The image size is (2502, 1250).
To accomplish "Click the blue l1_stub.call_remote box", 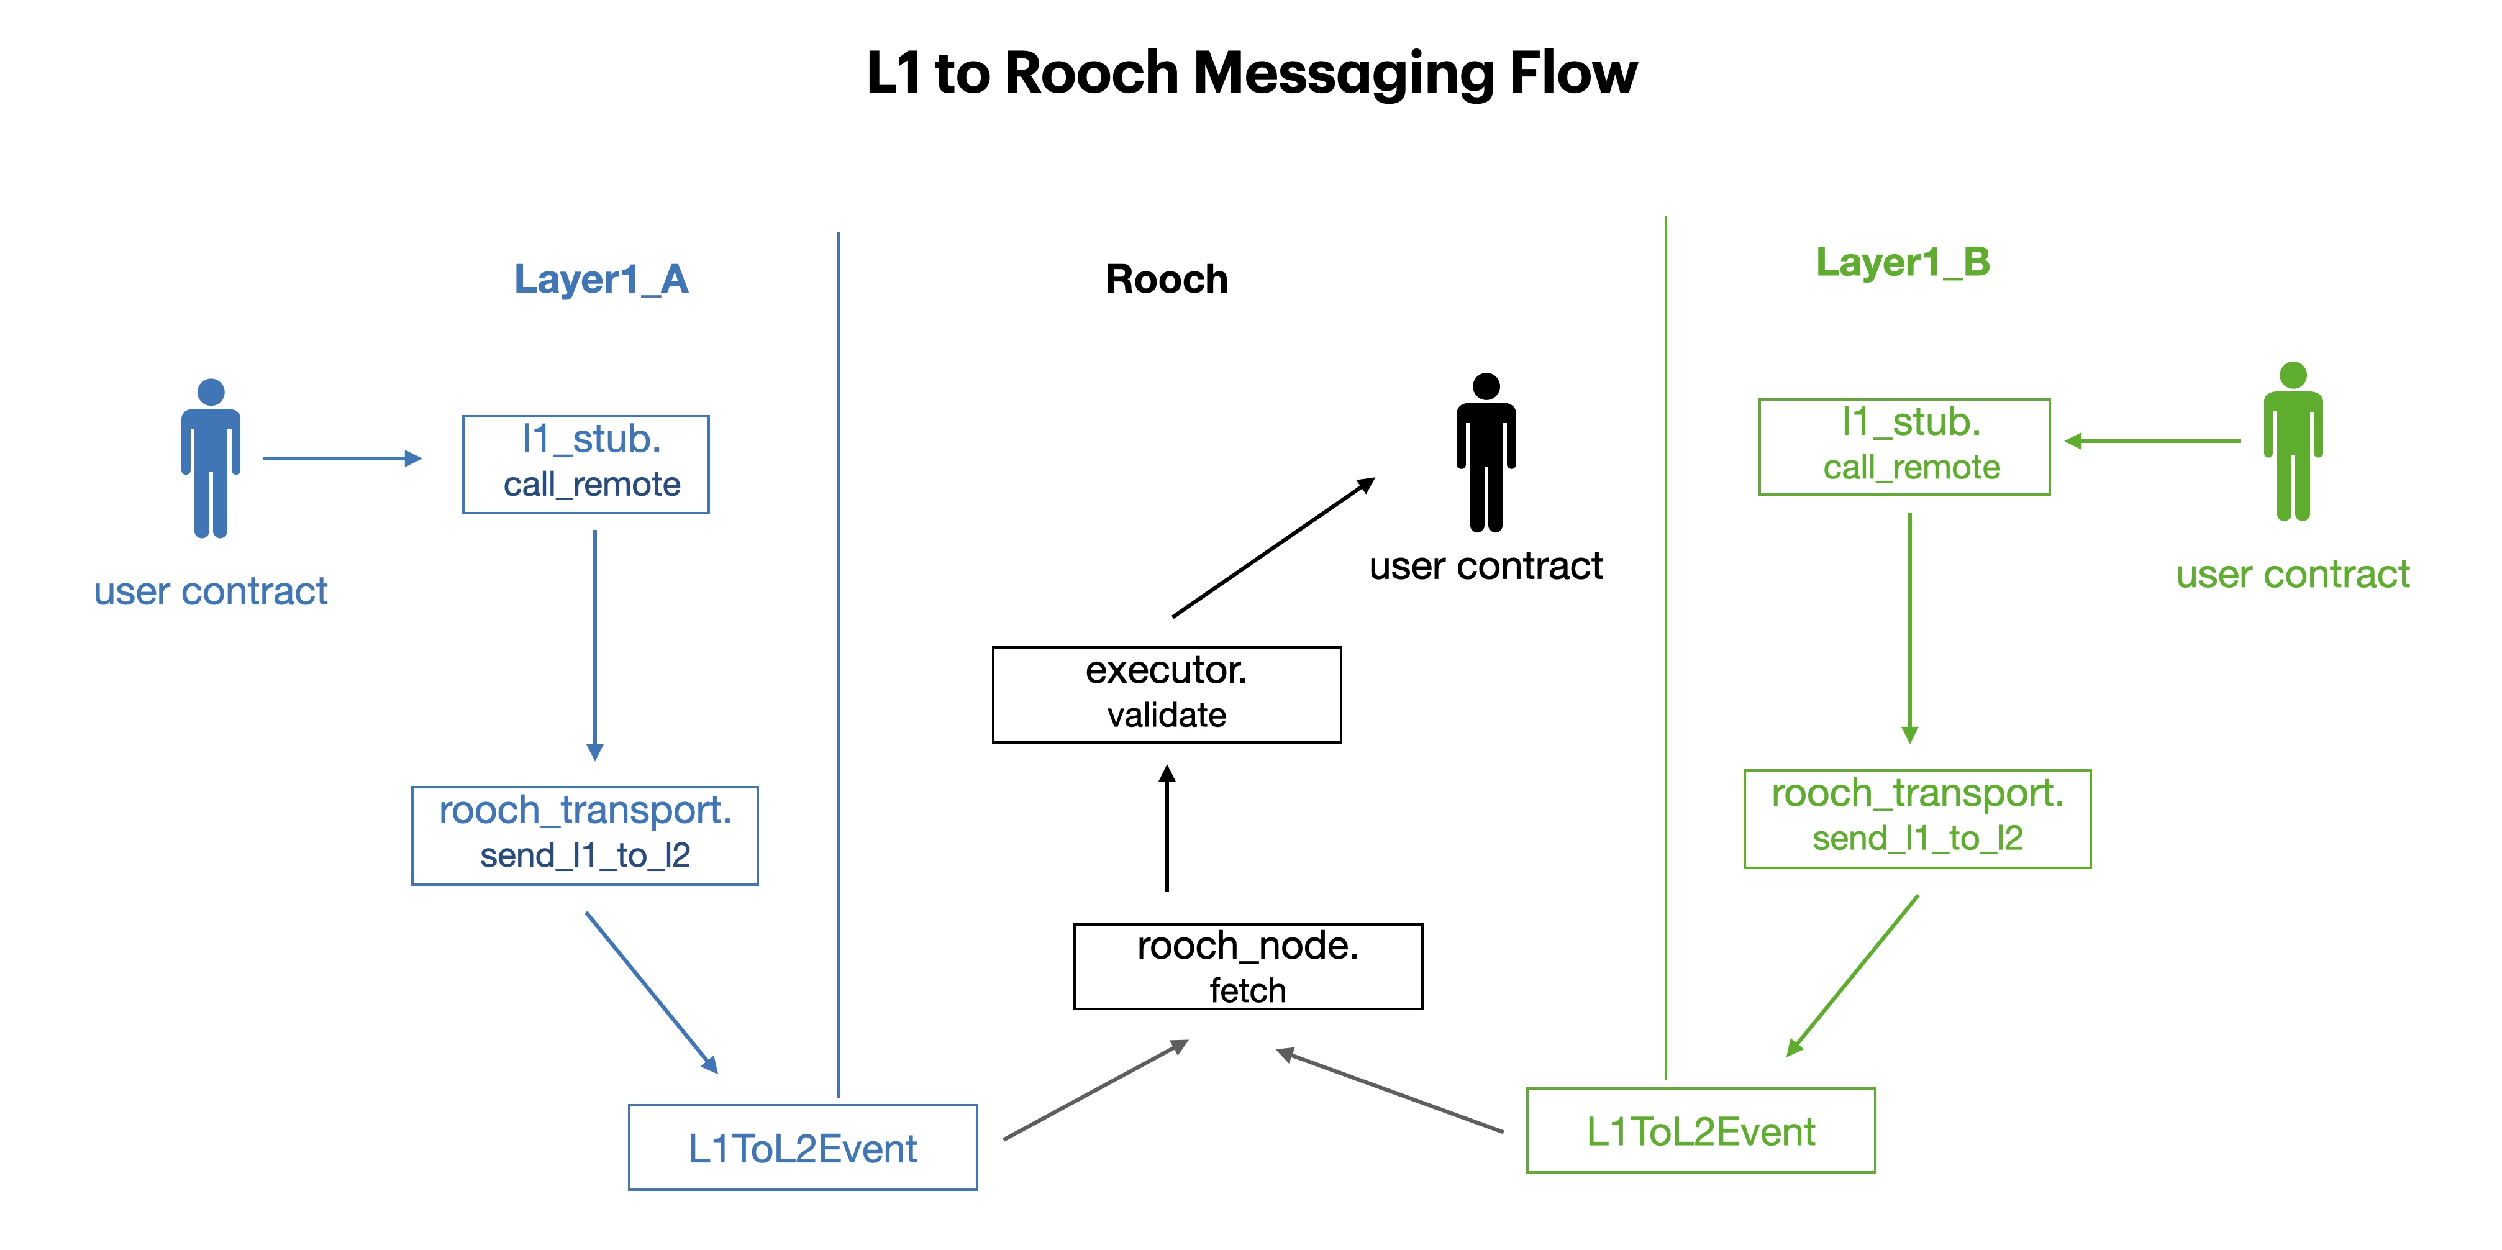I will [586, 464].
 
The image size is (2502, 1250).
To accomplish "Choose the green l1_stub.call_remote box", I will [1904, 447].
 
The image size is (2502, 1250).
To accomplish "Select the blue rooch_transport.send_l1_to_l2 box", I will [585, 835].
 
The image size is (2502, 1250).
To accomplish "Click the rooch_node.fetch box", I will [1247, 967].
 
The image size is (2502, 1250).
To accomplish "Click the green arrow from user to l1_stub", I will [2152, 441].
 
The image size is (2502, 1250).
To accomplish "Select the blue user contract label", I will [211, 591].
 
